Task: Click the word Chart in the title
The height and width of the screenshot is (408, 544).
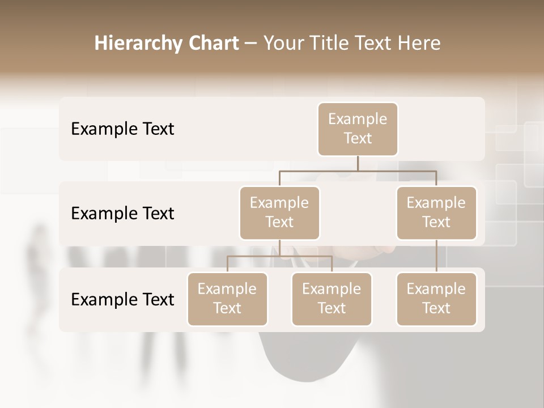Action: (210, 43)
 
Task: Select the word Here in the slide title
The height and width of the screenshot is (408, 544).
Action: (418, 43)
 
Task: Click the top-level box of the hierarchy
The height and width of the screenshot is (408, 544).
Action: (358, 129)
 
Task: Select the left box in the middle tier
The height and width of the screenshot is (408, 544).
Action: (279, 212)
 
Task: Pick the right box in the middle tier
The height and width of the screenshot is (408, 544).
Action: (436, 212)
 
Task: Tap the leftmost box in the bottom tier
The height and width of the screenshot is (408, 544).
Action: (227, 299)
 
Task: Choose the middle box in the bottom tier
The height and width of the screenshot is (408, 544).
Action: (331, 299)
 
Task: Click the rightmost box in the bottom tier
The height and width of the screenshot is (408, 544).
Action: (436, 299)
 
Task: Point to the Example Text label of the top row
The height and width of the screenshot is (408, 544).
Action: (122, 129)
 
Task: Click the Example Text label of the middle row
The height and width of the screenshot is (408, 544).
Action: (122, 214)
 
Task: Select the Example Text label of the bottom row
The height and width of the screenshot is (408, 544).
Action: (122, 299)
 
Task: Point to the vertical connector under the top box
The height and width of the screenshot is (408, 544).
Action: (358, 163)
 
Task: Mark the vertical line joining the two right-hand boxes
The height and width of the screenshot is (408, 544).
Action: (436, 256)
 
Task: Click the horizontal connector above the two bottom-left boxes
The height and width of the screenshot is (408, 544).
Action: (279, 256)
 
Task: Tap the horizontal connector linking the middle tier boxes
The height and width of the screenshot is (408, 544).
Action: (358, 170)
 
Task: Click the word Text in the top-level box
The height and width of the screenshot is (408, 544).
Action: (358, 138)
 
